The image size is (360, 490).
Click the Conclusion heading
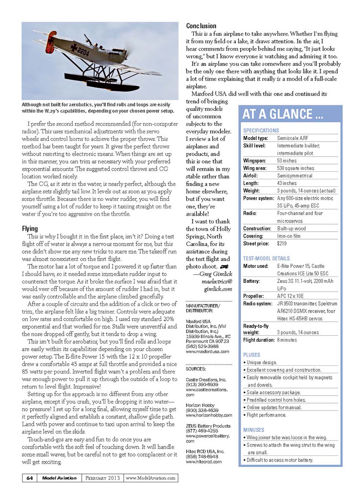coord(201,26)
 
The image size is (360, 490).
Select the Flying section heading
coord(30,228)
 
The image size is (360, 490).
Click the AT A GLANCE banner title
coord(283,114)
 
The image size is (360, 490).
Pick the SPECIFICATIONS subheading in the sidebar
coord(261,131)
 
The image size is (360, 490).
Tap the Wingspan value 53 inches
coord(287,161)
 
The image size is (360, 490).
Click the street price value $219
coord(282,244)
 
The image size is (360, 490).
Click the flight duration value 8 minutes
coord(287,340)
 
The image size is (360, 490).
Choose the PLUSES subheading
coord(252,355)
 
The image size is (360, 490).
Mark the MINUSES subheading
coord(253,430)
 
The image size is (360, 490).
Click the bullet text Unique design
coord(262,363)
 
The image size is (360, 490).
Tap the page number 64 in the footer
coord(29,478)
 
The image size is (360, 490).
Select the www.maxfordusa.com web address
coord(207,352)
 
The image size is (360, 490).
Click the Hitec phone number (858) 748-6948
coord(200,457)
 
